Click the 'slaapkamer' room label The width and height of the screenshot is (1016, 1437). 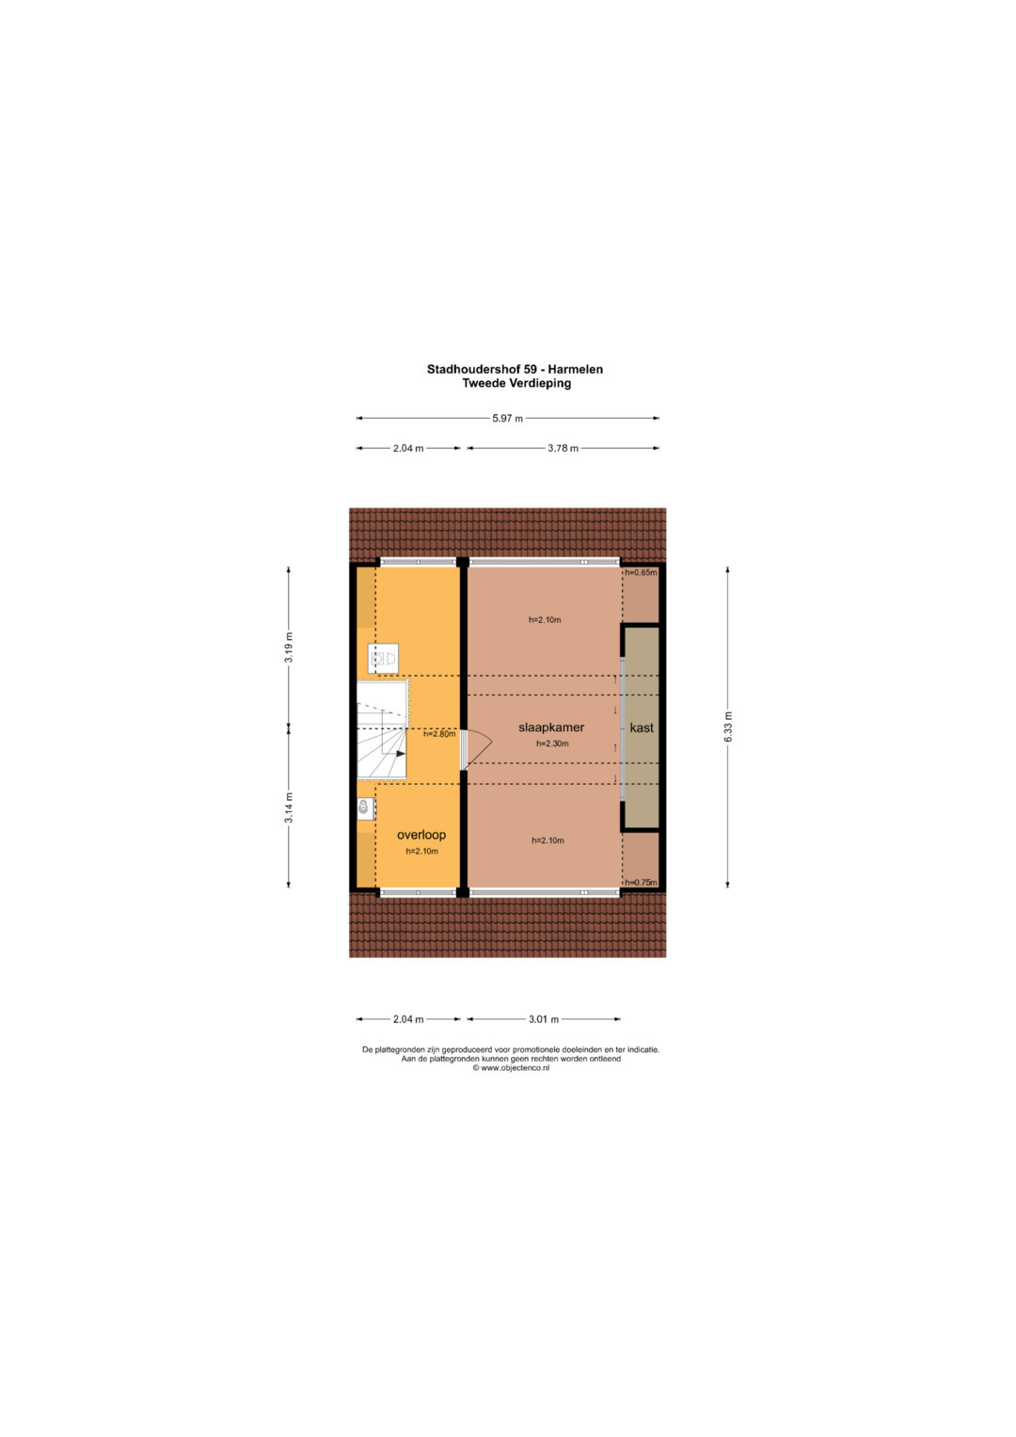pos(551,727)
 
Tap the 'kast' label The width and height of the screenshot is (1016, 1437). pos(642,727)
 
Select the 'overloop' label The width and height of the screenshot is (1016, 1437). pos(421,835)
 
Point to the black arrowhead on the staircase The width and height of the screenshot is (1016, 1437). pos(401,753)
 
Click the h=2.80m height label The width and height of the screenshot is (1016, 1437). pos(439,734)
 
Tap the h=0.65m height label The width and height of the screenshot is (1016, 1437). pos(641,572)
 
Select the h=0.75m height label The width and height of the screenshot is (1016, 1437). pos(641,882)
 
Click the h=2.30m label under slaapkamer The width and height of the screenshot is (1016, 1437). pos(552,743)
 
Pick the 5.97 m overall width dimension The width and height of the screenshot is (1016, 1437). pos(507,418)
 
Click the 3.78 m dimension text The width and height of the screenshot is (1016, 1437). pos(563,449)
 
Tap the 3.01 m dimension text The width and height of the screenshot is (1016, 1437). pos(544,1019)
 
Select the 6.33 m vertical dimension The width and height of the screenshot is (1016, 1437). pos(727,726)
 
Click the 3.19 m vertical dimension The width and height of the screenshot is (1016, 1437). pos(289,648)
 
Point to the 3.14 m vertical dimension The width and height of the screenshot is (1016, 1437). pos(289,808)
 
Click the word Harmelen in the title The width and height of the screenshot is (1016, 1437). pos(576,370)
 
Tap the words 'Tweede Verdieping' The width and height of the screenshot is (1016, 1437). pos(516,384)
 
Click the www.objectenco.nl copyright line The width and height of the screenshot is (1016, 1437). pos(511,1068)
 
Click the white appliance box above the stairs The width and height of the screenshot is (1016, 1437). pos(383,658)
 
